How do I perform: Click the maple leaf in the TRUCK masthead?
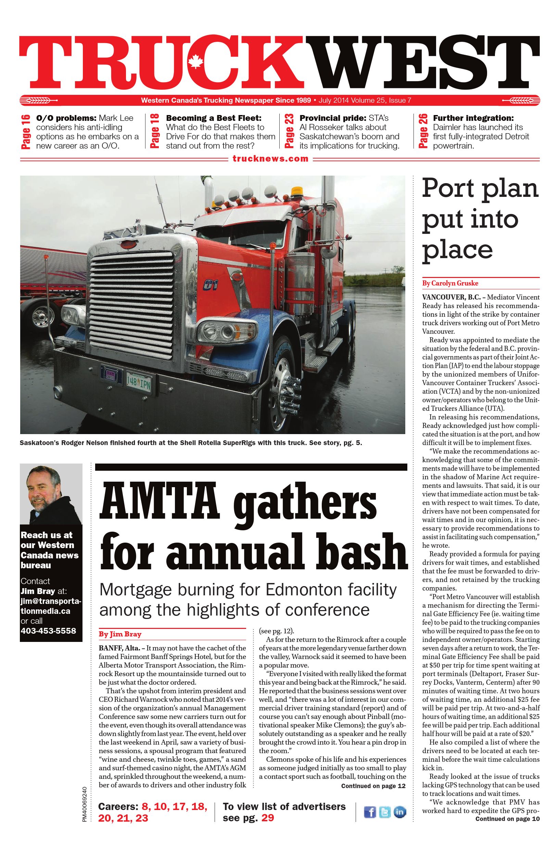[x=195, y=61]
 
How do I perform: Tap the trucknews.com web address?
[x=270, y=159]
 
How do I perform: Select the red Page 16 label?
[x=26, y=131]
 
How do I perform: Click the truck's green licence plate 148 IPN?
[x=138, y=379]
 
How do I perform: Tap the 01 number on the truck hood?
[x=208, y=285]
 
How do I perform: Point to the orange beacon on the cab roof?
[x=296, y=192]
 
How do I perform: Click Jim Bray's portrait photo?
[x=51, y=494]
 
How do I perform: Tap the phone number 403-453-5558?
[x=48, y=631]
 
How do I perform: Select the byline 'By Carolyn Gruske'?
[x=450, y=283]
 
